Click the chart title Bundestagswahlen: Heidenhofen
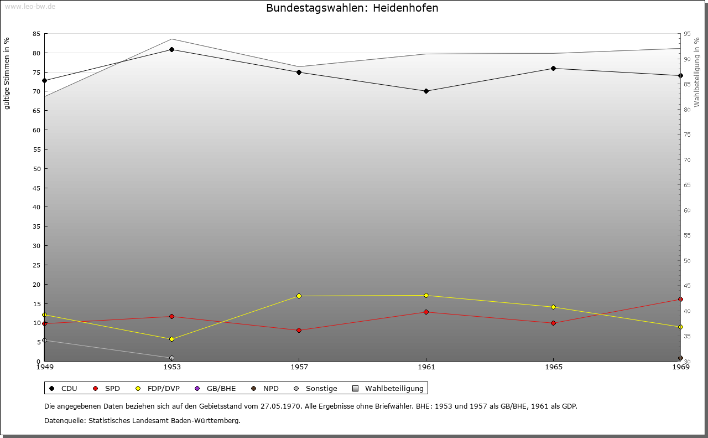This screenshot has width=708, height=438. point(352,8)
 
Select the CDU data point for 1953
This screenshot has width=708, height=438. point(172,49)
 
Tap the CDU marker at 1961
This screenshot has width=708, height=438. point(426,91)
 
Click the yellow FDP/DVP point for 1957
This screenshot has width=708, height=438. point(299,296)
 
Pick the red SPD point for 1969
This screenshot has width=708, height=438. point(680,300)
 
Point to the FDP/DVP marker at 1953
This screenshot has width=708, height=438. point(172,339)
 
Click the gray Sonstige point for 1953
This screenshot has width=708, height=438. point(172,358)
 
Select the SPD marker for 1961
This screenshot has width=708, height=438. point(426,312)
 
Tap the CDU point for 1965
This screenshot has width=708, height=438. point(553,68)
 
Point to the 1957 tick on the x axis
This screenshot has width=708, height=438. point(299,367)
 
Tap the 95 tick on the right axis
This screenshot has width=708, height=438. point(686,34)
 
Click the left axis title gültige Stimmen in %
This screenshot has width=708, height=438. point(7,73)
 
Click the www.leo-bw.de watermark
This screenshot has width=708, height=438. point(29,7)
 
